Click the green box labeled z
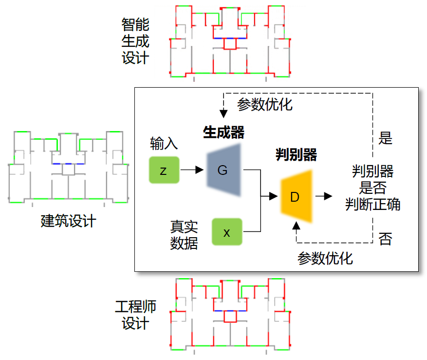164,170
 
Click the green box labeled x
227,232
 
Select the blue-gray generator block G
223,170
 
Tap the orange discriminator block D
295,197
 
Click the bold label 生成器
223,133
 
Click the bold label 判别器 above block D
296,155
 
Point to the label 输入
164,144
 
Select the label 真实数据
184,235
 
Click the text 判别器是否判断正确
373,188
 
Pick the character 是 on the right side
385,138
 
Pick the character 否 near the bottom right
385,239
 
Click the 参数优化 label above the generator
265,104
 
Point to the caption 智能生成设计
135,41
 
